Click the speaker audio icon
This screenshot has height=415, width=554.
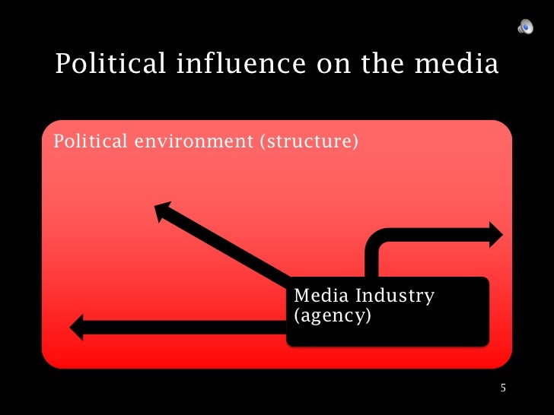click(525, 27)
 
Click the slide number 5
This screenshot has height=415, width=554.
click(502, 388)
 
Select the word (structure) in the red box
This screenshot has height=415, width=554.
click(308, 141)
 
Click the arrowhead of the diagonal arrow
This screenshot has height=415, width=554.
click(164, 211)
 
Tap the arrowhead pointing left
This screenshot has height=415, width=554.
click(78, 328)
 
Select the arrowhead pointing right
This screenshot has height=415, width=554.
click(495, 234)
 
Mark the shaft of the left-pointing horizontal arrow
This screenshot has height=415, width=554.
click(183, 328)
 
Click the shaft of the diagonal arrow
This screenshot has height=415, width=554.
click(228, 247)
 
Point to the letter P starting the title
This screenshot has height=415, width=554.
click(62, 65)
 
